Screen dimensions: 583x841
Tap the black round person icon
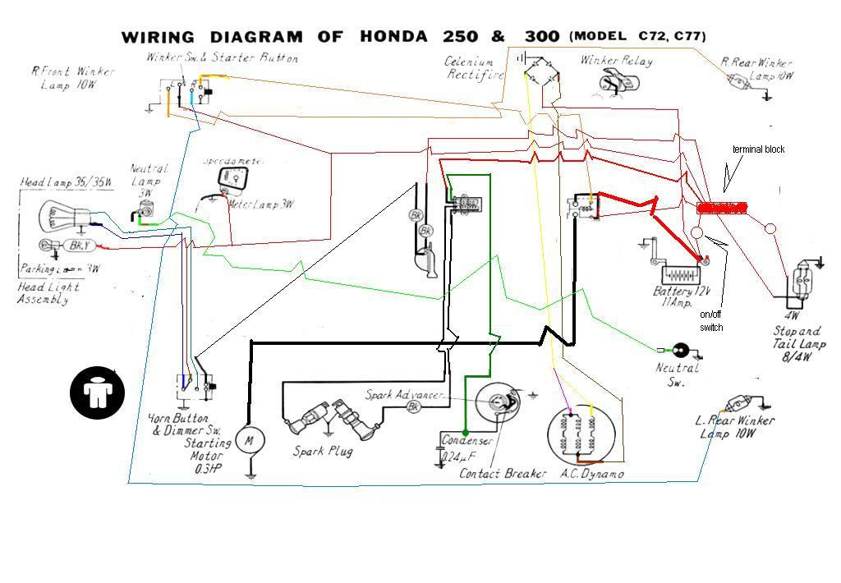pyautogui.click(x=97, y=391)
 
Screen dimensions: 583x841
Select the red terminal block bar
pyautogui.click(x=722, y=208)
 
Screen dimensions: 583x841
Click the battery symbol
pyautogui.click(x=677, y=272)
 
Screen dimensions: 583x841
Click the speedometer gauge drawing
pyautogui.click(x=232, y=177)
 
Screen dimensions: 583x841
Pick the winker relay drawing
pyautogui.click(x=620, y=82)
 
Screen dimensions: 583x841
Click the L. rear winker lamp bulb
pyautogui.click(x=736, y=404)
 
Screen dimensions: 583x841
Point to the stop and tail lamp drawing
pyautogui.click(x=802, y=282)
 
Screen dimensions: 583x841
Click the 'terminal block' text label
pyautogui.click(x=758, y=149)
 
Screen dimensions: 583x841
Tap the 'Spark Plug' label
pyautogui.click(x=324, y=452)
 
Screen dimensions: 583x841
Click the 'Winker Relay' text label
pyautogui.click(x=617, y=60)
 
